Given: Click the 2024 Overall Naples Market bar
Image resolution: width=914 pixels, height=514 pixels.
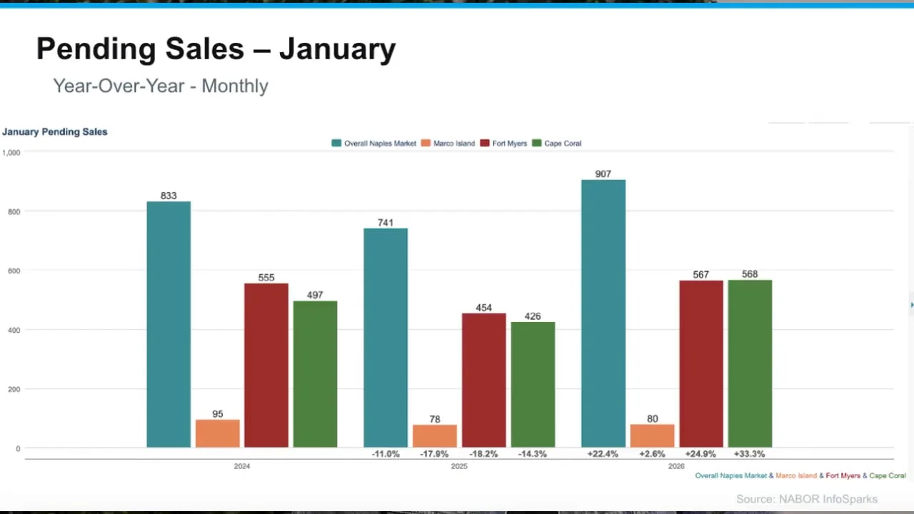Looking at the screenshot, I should (169, 325).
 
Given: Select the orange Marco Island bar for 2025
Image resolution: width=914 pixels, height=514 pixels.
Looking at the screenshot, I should (434, 436).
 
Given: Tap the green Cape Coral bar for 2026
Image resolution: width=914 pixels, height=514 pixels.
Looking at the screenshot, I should (750, 364).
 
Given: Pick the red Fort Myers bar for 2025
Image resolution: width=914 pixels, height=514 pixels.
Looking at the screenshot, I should (483, 381).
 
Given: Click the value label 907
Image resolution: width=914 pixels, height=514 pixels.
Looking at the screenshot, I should (603, 173).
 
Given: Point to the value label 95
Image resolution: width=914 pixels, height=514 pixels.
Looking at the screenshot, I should (218, 414).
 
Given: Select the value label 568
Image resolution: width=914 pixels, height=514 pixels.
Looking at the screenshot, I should (750, 274).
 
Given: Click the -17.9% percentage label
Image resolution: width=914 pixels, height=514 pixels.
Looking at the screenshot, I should (434, 454).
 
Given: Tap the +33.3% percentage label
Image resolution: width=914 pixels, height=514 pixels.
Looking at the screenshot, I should (749, 454).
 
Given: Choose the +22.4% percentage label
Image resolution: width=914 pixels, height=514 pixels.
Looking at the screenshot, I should (603, 454).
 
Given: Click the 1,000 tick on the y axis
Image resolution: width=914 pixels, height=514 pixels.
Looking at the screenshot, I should (11, 152).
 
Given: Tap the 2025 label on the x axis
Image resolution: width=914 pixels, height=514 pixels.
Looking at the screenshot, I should (459, 466).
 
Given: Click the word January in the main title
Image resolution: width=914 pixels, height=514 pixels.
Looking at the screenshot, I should (337, 49).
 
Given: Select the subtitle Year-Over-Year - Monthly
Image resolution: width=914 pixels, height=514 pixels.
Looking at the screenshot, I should (161, 86).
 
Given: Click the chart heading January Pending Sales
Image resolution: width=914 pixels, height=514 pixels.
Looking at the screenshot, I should (55, 131).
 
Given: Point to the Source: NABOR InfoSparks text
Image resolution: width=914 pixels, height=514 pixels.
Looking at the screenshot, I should (807, 499).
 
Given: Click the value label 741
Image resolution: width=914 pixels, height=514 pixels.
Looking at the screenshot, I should (386, 223).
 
